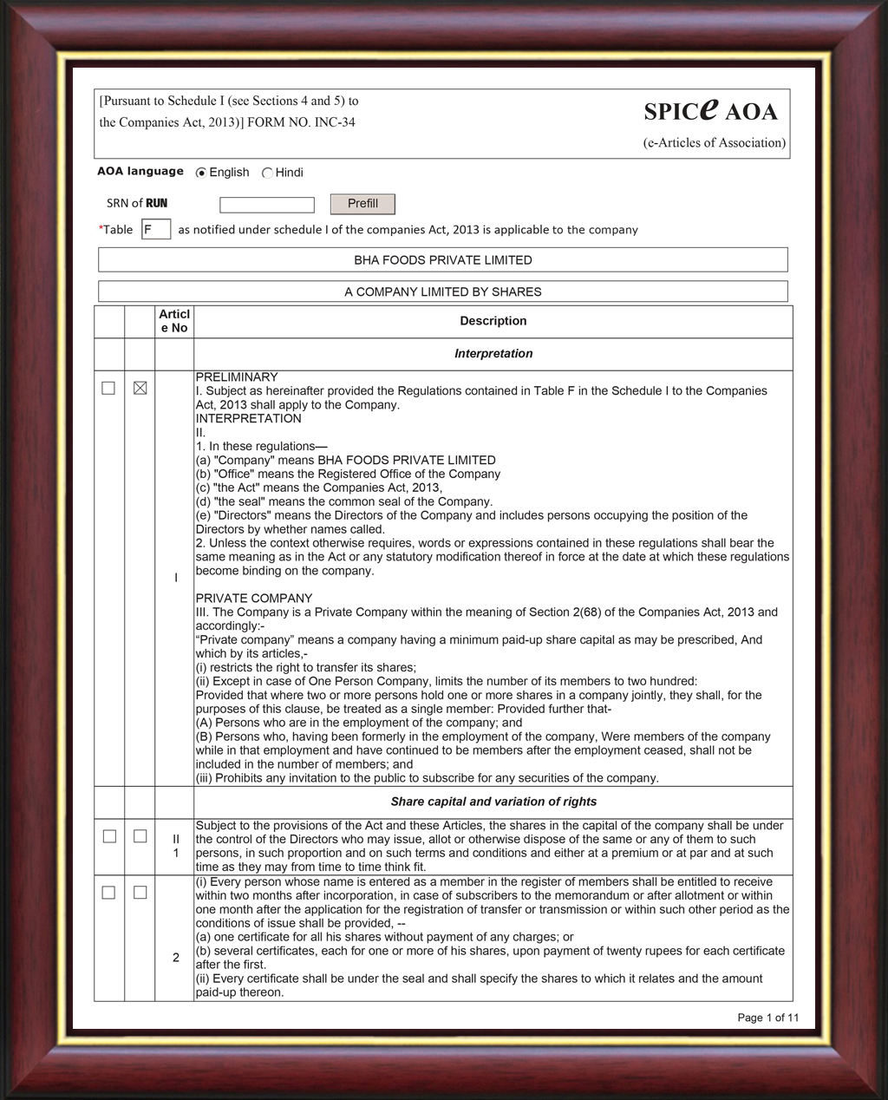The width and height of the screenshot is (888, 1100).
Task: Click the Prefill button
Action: pyautogui.click(x=362, y=204)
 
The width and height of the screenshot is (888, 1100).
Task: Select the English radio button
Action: pyautogui.click(x=201, y=173)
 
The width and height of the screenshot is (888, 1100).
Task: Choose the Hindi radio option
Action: pyautogui.click(x=267, y=173)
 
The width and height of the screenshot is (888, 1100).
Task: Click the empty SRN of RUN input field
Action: pyautogui.click(x=266, y=205)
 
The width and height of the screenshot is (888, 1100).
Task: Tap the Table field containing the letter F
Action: pyautogui.click(x=155, y=230)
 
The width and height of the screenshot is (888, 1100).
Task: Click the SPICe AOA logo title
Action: pyautogui.click(x=710, y=110)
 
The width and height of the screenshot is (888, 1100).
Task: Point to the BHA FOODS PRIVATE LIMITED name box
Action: pyautogui.click(x=442, y=259)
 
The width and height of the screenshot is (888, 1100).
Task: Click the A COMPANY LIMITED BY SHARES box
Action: pyautogui.click(x=442, y=291)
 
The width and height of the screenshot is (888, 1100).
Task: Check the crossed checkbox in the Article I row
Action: pyautogui.click(x=140, y=388)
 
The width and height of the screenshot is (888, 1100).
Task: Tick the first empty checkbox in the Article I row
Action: pyautogui.click(x=108, y=388)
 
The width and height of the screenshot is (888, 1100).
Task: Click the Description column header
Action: pyautogui.click(x=493, y=321)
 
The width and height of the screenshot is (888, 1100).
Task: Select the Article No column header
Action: pyautogui.click(x=174, y=321)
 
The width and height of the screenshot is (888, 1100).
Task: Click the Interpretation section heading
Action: pyautogui.click(x=493, y=354)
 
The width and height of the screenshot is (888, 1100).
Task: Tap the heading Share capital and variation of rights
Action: pyautogui.click(x=493, y=802)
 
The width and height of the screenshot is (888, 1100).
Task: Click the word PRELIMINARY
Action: pyautogui.click(x=237, y=377)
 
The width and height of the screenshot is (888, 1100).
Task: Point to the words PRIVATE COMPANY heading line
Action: pyautogui.click(x=253, y=599)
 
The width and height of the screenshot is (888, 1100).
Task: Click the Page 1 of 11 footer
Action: pyautogui.click(x=767, y=1018)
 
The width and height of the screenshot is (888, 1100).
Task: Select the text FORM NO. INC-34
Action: pyautogui.click(x=301, y=122)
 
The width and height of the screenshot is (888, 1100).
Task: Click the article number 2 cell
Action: pyautogui.click(x=176, y=958)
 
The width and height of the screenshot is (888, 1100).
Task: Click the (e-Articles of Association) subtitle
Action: pyautogui.click(x=714, y=143)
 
